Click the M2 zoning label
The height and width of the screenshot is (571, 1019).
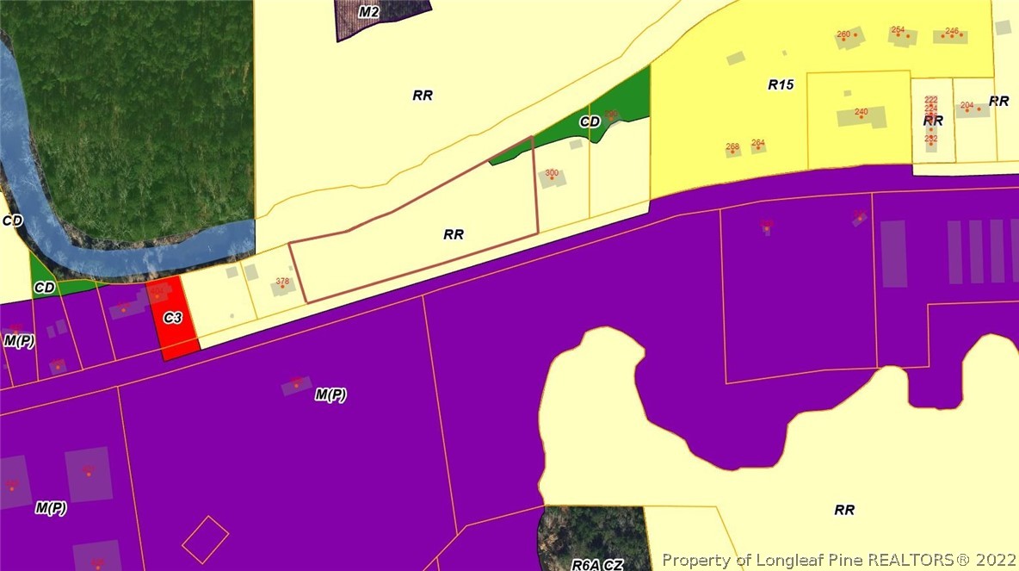pos(369,12)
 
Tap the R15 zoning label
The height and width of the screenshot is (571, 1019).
pos(781,84)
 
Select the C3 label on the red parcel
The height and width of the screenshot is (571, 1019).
pos(173,318)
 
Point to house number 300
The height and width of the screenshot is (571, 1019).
pos(552,173)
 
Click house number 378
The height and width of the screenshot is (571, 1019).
pos(282,282)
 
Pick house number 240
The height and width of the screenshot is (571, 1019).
pos(861,112)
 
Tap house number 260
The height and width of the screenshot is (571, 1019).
pos(843,34)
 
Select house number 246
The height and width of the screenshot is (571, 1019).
pos(952,31)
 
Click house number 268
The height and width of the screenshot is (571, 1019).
pos(732,146)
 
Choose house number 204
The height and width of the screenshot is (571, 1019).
pos(967,105)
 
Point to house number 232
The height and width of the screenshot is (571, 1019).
pos(930,138)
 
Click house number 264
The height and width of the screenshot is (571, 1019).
pos(758,143)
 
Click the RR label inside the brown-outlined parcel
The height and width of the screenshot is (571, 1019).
pos(454,234)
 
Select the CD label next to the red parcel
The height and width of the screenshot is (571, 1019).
pos(45,286)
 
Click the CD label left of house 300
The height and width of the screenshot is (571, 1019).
pos(589,122)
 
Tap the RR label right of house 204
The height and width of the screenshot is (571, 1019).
pos(998,101)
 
